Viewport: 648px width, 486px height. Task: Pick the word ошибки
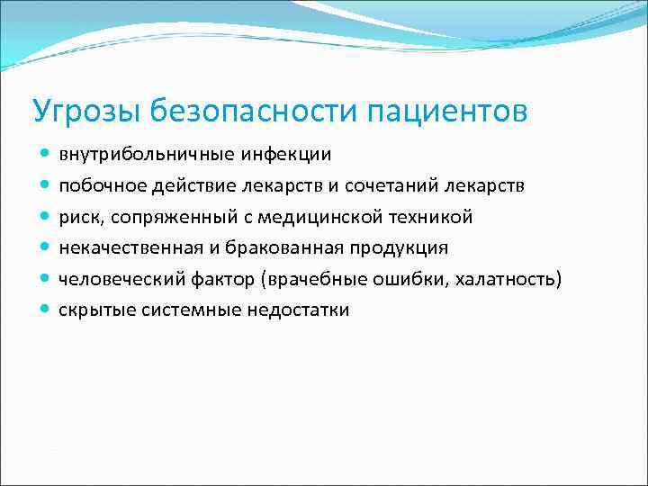[418, 279]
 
